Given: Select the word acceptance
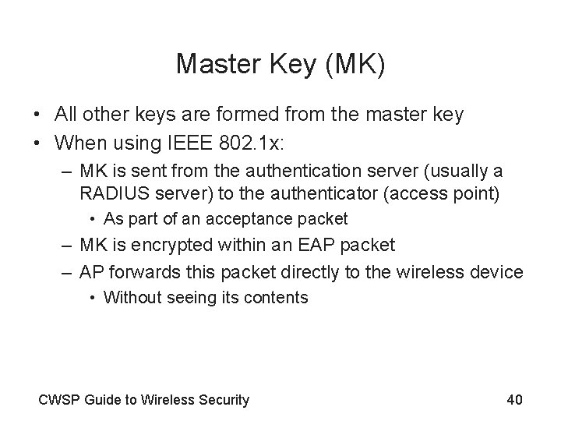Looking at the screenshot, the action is [257, 219].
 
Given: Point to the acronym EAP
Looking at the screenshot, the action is [311, 245].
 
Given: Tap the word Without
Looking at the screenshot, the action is [132, 297].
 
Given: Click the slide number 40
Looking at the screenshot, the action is [514, 400].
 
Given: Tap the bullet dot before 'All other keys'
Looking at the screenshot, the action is [37, 115].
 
